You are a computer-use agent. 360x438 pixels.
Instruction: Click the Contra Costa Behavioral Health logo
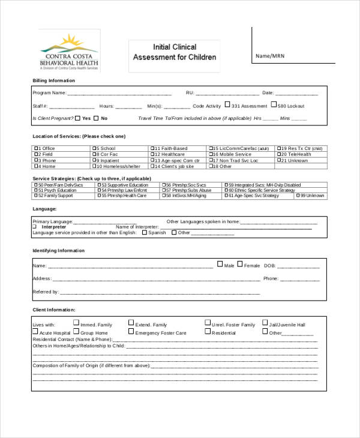tap(69, 51)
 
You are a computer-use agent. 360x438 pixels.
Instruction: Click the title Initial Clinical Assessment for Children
tap(174, 52)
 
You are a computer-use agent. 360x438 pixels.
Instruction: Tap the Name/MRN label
tap(269, 56)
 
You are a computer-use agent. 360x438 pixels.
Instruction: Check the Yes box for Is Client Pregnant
tap(77, 118)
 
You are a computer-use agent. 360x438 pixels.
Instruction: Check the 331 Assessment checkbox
tap(227, 105)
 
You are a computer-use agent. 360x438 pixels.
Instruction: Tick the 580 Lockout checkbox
tap(274, 105)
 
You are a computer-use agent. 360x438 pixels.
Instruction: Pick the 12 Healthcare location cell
tap(178, 154)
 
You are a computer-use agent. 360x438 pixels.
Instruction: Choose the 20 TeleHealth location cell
tap(302, 154)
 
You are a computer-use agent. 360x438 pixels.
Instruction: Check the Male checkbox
tap(220, 264)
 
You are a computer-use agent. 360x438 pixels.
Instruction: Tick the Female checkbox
tap(240, 264)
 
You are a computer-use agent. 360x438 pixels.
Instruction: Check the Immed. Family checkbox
tap(76, 323)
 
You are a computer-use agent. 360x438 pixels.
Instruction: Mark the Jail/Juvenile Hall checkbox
tap(265, 323)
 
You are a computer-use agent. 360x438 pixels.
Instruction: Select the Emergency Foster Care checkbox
tap(131, 331)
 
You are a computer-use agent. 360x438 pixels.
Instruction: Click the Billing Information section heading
tap(54, 80)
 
